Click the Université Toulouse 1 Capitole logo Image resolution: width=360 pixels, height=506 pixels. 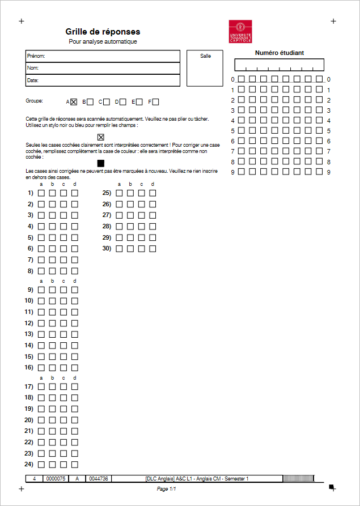(240, 32)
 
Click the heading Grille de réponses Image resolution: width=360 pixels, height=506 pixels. (103, 32)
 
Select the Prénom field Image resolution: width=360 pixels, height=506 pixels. (103, 56)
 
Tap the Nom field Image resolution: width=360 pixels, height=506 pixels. (103, 68)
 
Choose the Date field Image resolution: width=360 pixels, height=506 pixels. (103, 80)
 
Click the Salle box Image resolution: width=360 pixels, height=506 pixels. (205, 68)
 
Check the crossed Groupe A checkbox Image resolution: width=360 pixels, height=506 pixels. (74, 102)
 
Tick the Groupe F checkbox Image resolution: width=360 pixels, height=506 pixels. (155, 102)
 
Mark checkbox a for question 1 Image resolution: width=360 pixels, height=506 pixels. (41, 193)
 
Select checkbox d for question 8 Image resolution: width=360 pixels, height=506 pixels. (74, 271)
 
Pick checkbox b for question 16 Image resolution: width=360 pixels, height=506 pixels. (52, 368)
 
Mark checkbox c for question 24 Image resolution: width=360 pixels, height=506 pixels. (63, 465)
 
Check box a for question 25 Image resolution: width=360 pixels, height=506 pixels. (119, 193)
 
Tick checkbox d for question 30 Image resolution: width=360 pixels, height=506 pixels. (153, 249)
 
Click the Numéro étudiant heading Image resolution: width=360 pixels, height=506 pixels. (279, 53)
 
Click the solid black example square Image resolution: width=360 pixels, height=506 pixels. (101, 163)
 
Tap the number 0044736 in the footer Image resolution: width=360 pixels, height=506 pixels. (99, 479)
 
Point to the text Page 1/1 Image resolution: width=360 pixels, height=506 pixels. (167, 488)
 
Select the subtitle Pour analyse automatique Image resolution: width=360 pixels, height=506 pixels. (103, 41)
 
